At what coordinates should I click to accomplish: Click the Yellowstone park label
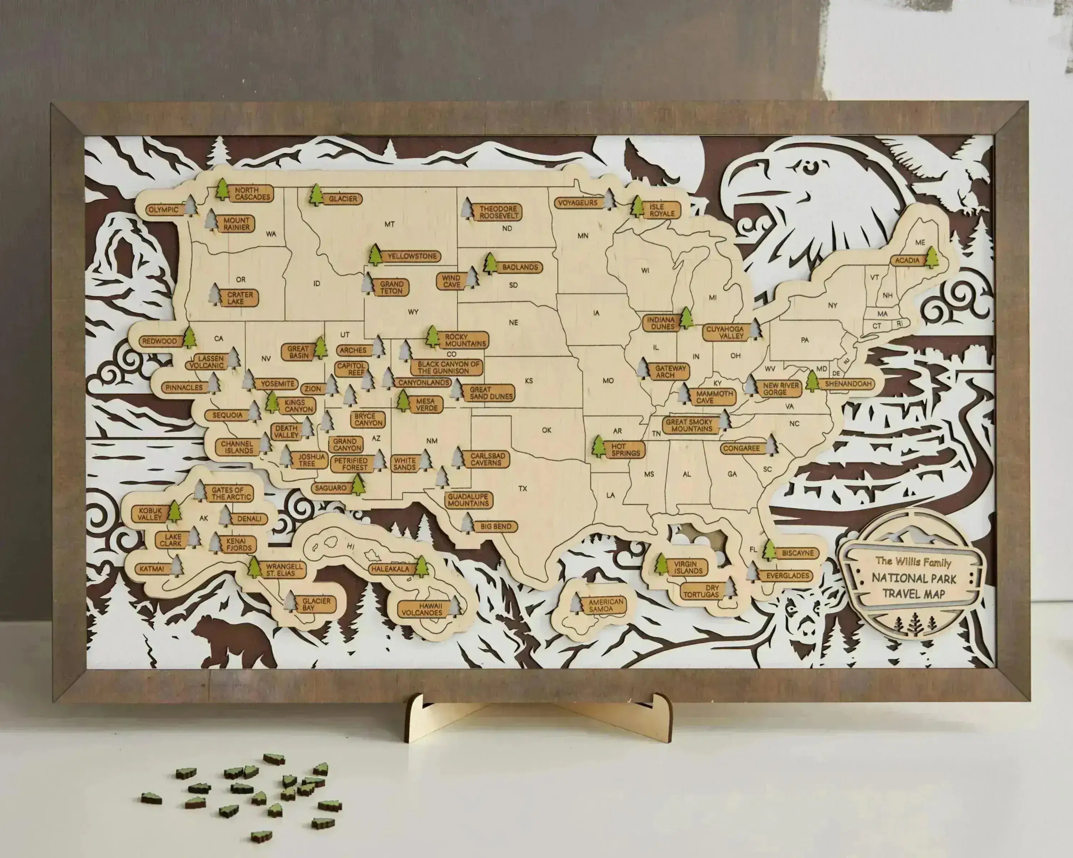tap(412, 256)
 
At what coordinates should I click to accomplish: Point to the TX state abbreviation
tap(523, 488)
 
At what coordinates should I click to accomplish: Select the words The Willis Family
tap(913, 562)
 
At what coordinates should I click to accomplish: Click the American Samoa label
tap(606, 605)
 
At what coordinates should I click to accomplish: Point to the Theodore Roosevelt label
tap(498, 212)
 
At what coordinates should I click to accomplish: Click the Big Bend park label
tap(496, 526)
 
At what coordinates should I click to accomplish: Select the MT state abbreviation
tap(389, 224)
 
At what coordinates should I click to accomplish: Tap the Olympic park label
tap(163, 209)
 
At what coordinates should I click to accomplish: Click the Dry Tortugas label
tap(701, 591)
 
